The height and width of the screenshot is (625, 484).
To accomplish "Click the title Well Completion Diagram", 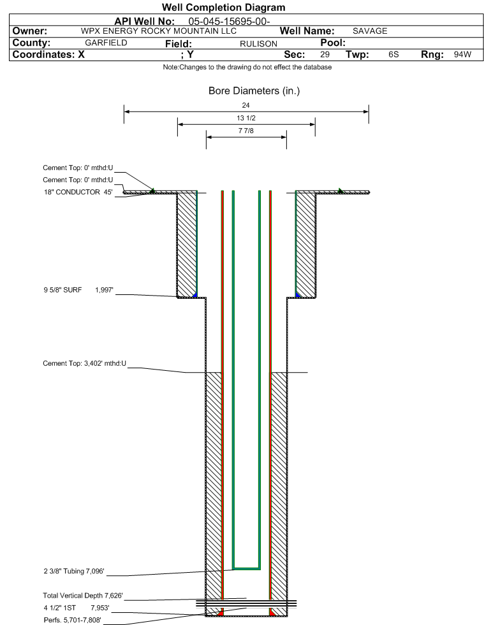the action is (223, 7).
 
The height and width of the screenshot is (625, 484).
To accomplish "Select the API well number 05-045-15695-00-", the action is (229, 21).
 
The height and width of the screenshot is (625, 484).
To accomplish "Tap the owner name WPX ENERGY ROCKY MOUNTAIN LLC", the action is (158, 31).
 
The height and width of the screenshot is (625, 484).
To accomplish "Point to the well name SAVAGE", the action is (370, 31).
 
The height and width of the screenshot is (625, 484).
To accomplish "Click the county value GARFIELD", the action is (106, 43).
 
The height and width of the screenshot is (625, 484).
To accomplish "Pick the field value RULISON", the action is (258, 44).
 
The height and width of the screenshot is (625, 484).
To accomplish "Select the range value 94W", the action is (462, 54).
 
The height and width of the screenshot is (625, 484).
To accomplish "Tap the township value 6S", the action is (393, 54).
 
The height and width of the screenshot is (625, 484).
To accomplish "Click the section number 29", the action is (325, 54).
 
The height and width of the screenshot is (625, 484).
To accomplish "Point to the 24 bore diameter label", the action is (246, 105).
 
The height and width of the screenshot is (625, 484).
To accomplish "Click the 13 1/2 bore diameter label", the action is (246, 118).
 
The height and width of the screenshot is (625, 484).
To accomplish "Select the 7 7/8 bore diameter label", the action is (246, 131).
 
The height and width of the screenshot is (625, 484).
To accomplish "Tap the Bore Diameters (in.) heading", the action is (254, 91).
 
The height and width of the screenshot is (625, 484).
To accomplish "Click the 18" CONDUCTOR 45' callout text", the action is (78, 192).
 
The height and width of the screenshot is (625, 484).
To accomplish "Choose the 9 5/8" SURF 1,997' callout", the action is (78, 290).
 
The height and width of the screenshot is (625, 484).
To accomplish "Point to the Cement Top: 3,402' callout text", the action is (84, 364).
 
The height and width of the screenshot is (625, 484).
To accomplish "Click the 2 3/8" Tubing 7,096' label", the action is (74, 571).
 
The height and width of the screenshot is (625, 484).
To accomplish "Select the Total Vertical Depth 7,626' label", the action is (83, 596).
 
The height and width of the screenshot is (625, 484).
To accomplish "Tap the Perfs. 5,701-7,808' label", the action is (72, 620).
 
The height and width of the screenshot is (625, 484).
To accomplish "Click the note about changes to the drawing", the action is (247, 67).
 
